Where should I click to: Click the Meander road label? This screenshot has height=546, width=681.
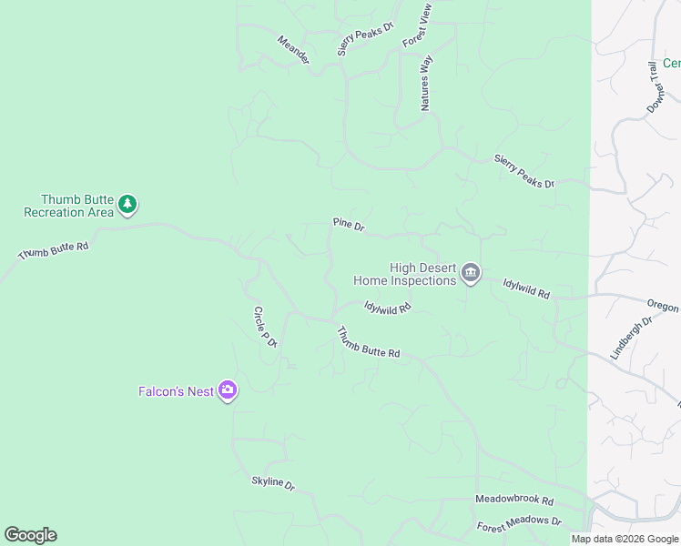tap(294, 50)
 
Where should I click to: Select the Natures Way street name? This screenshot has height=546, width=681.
tap(425, 83)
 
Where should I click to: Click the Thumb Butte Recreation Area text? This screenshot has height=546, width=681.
tap(68, 206)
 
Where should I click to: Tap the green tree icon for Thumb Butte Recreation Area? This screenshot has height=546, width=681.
tap(128, 205)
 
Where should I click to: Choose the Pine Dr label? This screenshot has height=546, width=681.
tap(349, 224)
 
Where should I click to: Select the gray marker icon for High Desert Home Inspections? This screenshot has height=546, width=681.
tap(471, 274)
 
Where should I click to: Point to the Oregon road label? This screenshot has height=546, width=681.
tap(663, 306)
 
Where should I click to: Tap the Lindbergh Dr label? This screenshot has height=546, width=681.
tap(632, 338)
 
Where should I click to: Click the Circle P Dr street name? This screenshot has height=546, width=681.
tap(264, 326)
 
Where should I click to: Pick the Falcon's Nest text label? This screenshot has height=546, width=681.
tap(176, 391)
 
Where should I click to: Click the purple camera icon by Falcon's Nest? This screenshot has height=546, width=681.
tap(228, 391)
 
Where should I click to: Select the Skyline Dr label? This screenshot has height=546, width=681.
tap(274, 483)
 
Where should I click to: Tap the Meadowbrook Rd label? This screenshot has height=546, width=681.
tap(514, 500)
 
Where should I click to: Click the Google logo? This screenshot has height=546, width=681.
tap(30, 535)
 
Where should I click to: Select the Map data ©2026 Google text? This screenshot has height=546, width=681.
tap(625, 539)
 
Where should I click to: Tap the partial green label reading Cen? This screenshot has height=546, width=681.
tap(671, 63)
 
